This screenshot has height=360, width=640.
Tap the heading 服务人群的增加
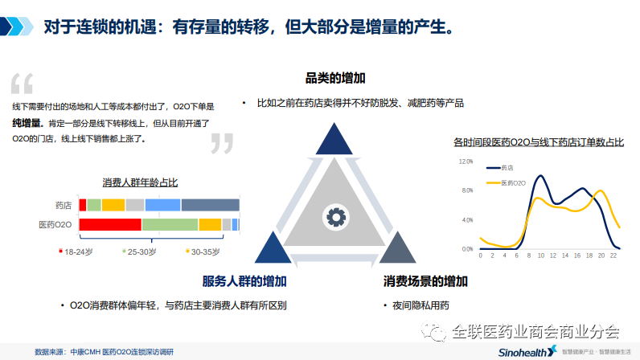click(x=244, y=281)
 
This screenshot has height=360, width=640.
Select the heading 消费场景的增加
click(x=425, y=282)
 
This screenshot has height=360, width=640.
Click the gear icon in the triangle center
click(x=334, y=216)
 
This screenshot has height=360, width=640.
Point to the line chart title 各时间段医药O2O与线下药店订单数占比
click(x=538, y=143)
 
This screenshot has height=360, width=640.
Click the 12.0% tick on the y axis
click(x=466, y=162)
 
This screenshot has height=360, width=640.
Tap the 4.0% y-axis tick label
click(x=466, y=219)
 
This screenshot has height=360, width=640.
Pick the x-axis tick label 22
click(x=613, y=255)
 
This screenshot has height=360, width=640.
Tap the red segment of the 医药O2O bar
click(x=110, y=224)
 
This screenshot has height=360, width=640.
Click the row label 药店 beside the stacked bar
click(x=63, y=205)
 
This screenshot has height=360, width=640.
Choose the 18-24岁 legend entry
click(x=77, y=252)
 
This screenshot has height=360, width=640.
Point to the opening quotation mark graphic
click(x=23, y=84)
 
